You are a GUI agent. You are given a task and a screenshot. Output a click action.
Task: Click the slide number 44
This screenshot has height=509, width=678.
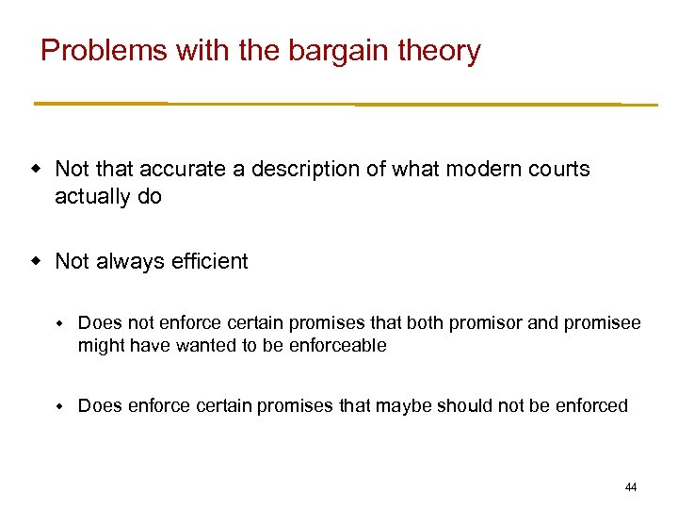pyautogui.click(x=631, y=487)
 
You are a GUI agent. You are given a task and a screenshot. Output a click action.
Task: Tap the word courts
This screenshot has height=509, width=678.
pyautogui.click(x=558, y=170)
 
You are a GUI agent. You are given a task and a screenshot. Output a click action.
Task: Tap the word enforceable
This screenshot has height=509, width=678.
pyautogui.click(x=336, y=346)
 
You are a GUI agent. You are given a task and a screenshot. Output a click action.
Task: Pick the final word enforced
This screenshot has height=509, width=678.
pyautogui.click(x=590, y=406)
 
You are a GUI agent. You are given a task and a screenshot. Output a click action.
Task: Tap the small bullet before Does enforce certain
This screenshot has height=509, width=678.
pyautogui.click(x=57, y=406)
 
